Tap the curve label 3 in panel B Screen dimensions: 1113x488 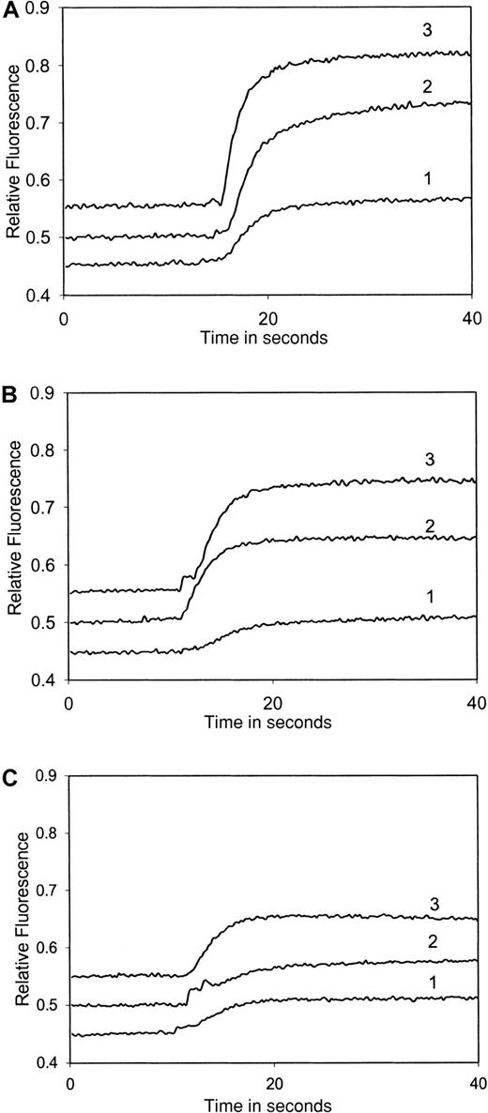pos(432,459)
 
